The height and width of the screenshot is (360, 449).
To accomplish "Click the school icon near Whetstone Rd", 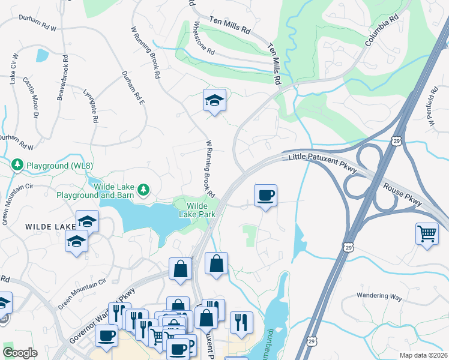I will (x=214, y=101).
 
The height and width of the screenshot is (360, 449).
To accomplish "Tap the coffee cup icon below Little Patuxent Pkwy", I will (x=265, y=196).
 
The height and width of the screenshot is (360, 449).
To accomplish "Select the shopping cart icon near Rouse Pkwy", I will (x=427, y=233).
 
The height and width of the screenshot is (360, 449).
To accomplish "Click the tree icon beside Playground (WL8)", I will (x=17, y=164).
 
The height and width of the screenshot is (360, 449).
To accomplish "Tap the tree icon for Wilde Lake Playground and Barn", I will (x=143, y=190).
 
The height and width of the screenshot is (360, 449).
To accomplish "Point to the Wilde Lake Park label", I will (x=196, y=209).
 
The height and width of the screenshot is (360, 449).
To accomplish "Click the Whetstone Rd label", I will (x=204, y=38).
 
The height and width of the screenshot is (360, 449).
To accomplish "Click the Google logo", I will (x=20, y=352).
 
